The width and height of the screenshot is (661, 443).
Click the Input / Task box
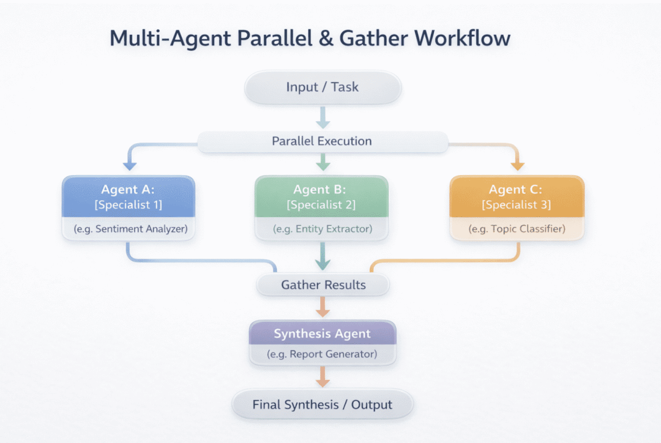[x=323, y=87]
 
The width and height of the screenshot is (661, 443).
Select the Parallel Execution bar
[x=323, y=141]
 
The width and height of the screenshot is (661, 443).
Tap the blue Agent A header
[x=129, y=196]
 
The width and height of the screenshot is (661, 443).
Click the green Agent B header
[x=322, y=196]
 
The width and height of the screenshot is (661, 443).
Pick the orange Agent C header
[x=517, y=196]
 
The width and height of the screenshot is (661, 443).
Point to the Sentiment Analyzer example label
[x=129, y=230]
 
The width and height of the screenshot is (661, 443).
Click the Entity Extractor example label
[x=322, y=230]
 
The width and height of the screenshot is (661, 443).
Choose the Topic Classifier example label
[x=517, y=230]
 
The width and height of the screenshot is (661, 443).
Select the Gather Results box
[x=323, y=285]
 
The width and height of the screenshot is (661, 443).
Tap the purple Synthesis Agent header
[x=323, y=334]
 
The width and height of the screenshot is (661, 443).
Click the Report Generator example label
[x=323, y=354]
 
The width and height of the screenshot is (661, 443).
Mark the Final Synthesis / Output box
[x=323, y=404]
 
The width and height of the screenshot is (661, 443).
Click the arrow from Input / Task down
[x=323, y=117]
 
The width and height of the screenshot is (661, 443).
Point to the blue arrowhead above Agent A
[x=129, y=165]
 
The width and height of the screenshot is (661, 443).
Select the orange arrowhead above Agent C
[x=517, y=165]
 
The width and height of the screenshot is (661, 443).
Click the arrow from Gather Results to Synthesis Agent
[x=323, y=307]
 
